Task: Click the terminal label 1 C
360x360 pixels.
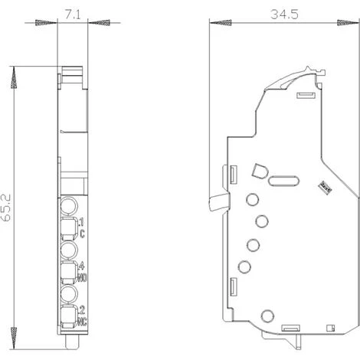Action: [80, 227]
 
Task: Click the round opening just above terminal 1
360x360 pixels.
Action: [68, 205]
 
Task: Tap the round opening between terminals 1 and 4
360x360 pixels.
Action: [68, 250]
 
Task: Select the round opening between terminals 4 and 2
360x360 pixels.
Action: [68, 293]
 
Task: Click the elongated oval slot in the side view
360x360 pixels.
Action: [280, 182]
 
